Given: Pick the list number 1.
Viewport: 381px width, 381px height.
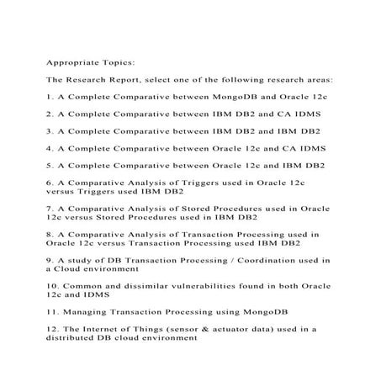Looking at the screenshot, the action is (x=47, y=98).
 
